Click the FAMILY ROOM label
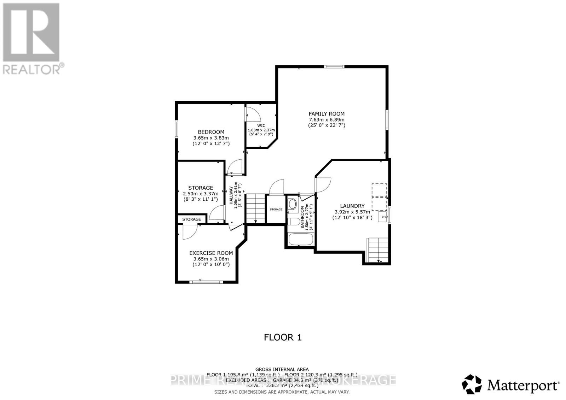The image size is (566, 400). (x=327, y=114)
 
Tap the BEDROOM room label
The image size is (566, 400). (x=211, y=132)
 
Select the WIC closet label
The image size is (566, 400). (x=261, y=125)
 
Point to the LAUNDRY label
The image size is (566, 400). (x=352, y=206)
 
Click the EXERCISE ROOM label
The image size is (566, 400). (x=211, y=253)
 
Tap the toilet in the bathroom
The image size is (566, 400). (x=292, y=222)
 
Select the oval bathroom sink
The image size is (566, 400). (x=293, y=204)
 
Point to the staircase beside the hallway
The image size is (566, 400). (x=255, y=208)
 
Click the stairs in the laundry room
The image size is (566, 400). (x=378, y=249)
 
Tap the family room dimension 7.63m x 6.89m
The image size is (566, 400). (x=327, y=119)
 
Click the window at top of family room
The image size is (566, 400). (x=334, y=66)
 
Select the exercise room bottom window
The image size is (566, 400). (x=206, y=282)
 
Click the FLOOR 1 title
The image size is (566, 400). (x=283, y=337)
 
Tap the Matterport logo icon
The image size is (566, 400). (x=472, y=384)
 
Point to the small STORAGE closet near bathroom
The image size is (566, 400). (x=276, y=210)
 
